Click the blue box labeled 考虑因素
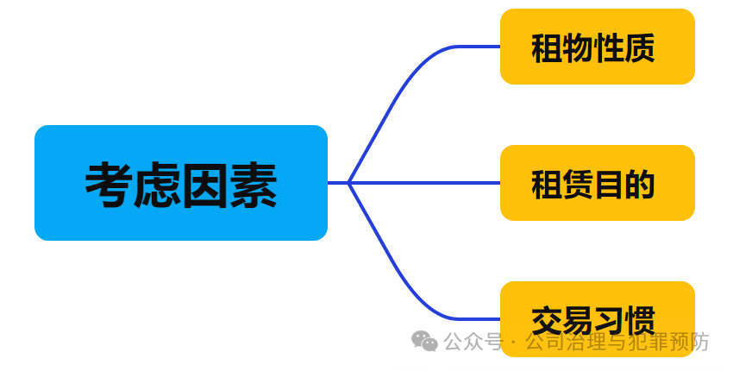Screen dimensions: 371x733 tap(181, 182)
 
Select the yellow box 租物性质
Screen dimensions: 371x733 tap(597, 47)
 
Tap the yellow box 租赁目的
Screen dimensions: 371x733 tap(597, 183)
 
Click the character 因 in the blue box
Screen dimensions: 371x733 tap(205, 184)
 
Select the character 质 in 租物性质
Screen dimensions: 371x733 tap(640, 47)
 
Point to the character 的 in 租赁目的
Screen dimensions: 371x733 tap(640, 184)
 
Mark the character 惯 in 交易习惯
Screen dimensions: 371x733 tap(640, 320)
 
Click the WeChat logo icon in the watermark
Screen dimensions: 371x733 tap(424, 342)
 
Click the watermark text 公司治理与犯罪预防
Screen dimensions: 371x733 tap(616, 343)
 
